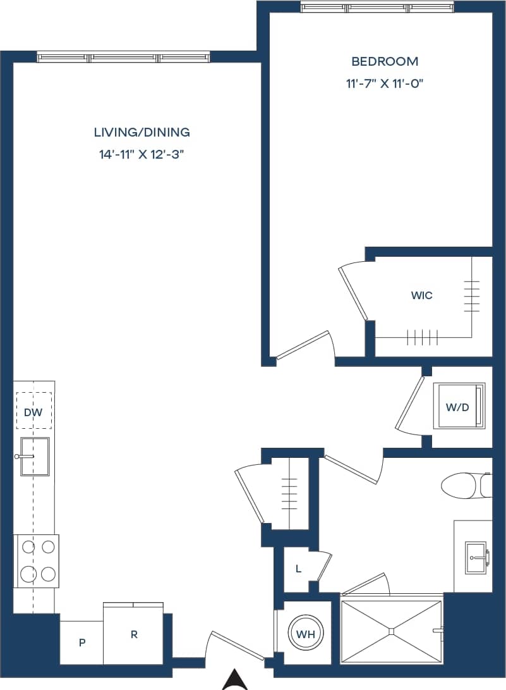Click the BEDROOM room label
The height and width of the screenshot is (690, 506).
coord(384,61)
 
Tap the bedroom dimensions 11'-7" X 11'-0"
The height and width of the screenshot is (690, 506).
coord(384,83)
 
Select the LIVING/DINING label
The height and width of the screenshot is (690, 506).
coord(142,132)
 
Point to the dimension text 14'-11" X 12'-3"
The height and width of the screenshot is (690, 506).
coord(142,155)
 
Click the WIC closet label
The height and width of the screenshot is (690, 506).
coord(421,295)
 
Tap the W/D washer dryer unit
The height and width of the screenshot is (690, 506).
coord(459,407)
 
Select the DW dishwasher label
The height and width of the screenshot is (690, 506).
coord(33,412)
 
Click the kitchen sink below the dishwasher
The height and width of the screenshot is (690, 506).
coord(34,455)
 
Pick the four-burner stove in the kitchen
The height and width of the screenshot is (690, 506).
coord(37,561)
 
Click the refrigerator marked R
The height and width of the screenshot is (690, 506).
coord(133,634)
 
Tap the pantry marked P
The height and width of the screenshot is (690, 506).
coord(81,643)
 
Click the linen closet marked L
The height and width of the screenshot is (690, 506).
coord(298,569)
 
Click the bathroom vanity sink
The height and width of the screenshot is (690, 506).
coord(475,557)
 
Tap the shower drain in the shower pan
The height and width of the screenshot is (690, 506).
coord(392,631)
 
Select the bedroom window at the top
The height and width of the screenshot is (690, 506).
coord(377,8)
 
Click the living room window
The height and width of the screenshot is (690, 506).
coord(123,58)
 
